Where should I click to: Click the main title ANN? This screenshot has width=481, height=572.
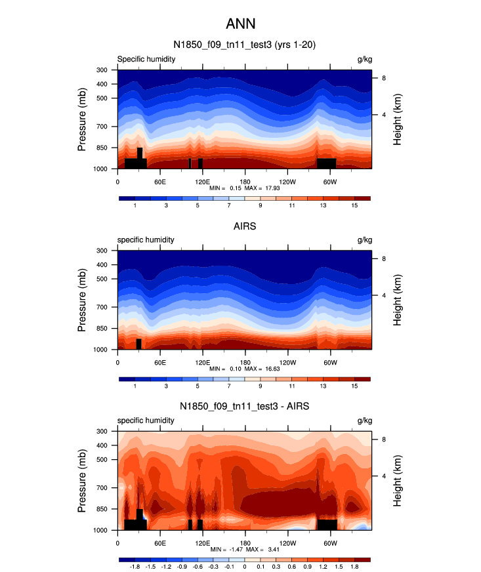tap(240, 25)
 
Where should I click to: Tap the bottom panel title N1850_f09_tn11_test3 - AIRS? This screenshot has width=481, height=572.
tap(245, 407)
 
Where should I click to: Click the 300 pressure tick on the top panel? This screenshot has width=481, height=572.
tap(102, 70)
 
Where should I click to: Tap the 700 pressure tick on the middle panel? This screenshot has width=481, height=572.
tap(102, 307)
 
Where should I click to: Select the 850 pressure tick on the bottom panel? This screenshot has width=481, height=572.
tap(102, 509)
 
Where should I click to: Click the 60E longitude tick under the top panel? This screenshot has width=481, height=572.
tap(159, 181)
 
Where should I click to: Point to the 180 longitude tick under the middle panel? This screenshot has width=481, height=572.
tap(245, 362)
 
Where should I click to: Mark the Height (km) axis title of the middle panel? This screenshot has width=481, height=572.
tap(398, 300)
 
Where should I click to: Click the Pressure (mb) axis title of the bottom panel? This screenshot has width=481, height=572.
tap(82, 480)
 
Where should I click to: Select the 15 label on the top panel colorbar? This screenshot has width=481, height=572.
tap(354, 206)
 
